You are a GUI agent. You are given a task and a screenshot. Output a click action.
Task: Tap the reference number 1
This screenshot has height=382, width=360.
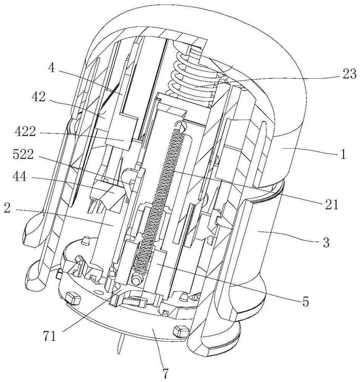click(x=343, y=154)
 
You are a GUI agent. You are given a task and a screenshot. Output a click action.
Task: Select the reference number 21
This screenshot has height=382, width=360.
click(x=331, y=205)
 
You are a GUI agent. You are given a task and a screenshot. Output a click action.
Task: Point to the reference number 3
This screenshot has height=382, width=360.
click(x=326, y=243)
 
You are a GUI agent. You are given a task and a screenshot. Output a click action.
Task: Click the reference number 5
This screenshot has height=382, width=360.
click(x=305, y=302)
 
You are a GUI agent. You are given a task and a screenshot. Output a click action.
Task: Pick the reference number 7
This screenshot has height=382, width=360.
click(x=165, y=374)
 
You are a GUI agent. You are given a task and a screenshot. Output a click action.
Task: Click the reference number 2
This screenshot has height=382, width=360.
click(x=8, y=208)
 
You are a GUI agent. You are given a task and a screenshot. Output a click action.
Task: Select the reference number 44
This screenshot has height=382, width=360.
click(x=20, y=177)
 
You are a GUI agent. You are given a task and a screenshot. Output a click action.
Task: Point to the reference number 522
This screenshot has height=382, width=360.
click(x=24, y=154)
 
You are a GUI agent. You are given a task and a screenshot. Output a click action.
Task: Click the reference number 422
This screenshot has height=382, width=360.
click(x=25, y=132)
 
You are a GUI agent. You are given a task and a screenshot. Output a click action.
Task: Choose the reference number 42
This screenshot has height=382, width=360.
click(x=39, y=97)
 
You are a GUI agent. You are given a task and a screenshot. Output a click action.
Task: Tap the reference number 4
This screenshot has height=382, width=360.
click(x=52, y=68)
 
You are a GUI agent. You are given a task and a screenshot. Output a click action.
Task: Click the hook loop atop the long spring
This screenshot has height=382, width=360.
click(x=181, y=126)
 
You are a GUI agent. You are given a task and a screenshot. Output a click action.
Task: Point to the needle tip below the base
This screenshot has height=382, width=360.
click(x=119, y=354)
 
